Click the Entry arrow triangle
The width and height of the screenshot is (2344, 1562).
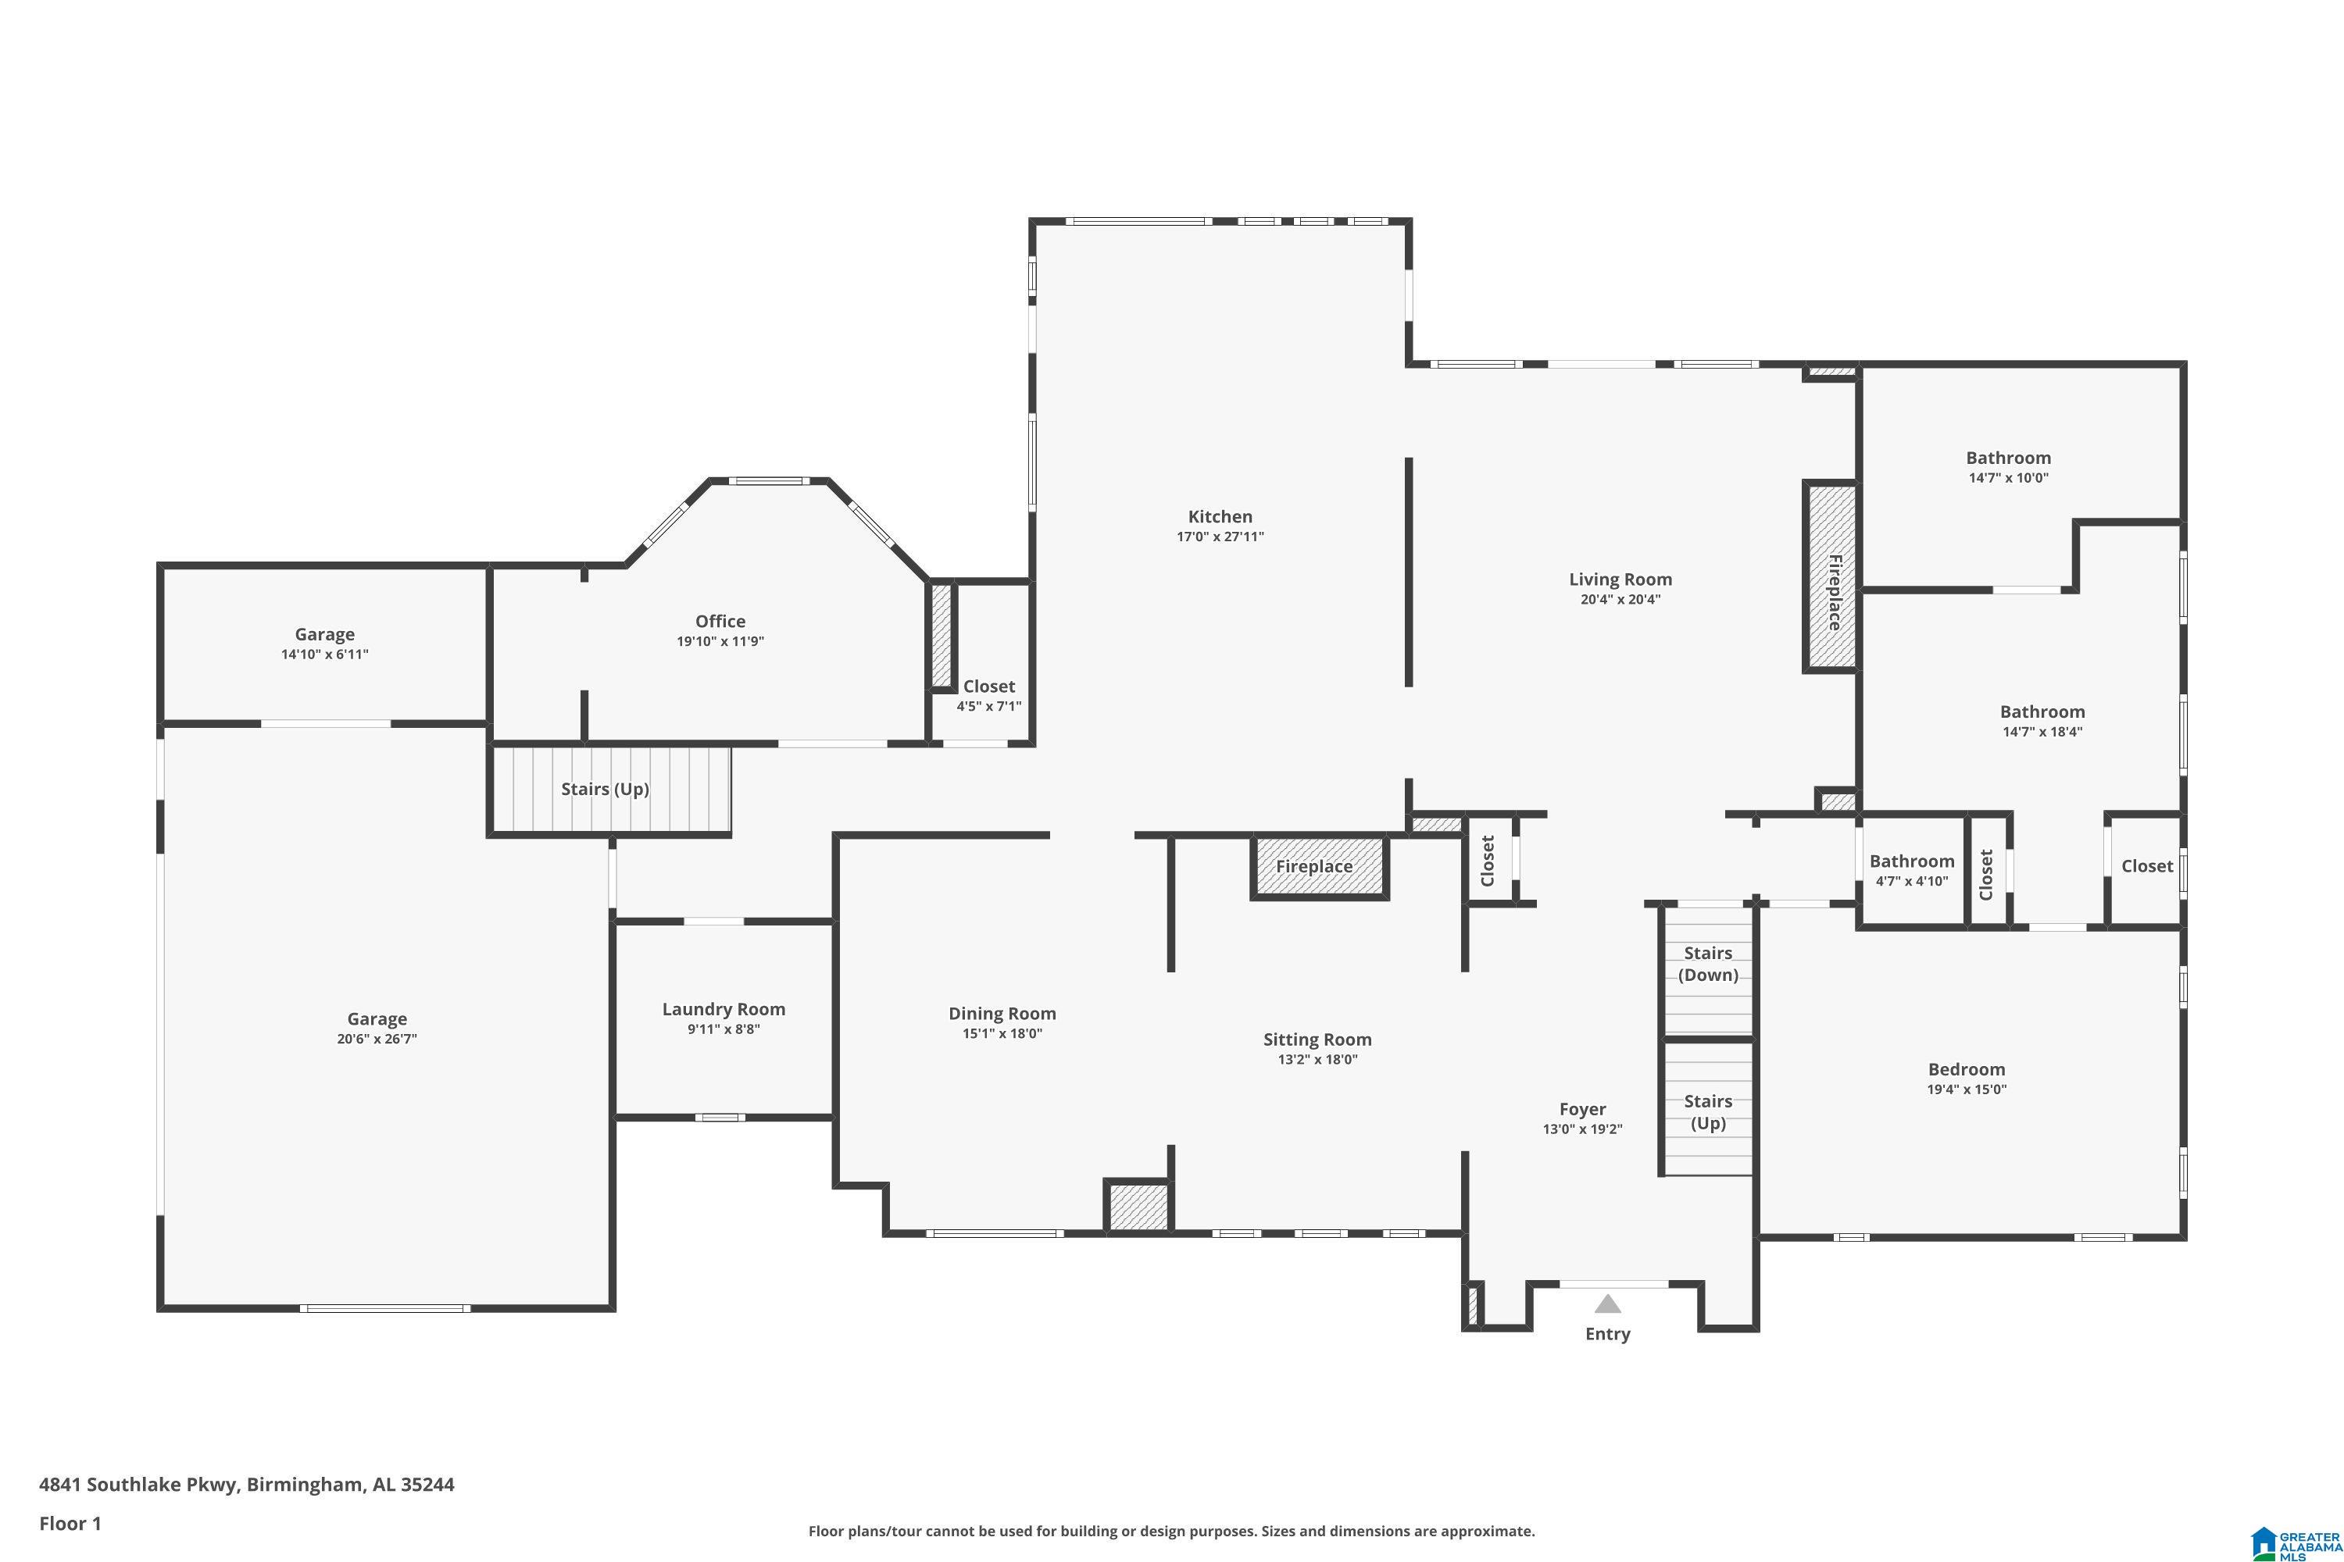1606,1304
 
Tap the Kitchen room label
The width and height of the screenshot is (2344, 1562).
1220,516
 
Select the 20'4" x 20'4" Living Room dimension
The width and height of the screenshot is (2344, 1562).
1620,600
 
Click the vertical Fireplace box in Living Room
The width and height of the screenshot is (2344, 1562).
1831,578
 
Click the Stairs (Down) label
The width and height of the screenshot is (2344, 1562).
1707,963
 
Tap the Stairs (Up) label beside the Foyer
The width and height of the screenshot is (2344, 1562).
1707,1111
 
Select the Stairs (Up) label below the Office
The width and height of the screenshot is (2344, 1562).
605,789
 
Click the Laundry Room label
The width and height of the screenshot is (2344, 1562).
724,1009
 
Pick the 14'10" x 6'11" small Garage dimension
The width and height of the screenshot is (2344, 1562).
324,654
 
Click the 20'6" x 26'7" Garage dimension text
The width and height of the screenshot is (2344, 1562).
377,1039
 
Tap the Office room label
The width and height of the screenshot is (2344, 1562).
720,621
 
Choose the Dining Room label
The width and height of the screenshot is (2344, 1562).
1002,1013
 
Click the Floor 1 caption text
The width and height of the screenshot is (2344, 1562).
70,1523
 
